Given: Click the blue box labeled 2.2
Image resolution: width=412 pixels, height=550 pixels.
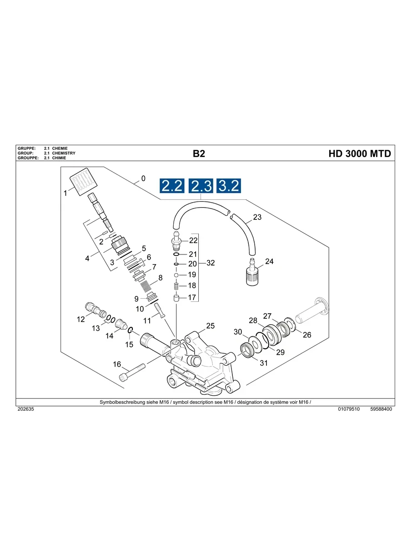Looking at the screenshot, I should [x=172, y=186].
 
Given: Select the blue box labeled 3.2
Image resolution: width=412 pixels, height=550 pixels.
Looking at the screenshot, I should [x=229, y=186].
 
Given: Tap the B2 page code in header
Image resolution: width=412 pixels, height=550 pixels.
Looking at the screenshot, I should [x=199, y=154].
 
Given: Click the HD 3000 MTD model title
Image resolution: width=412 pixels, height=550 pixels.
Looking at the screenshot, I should [x=359, y=154].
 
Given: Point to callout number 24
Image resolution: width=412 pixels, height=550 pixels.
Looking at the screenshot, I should [x=269, y=261].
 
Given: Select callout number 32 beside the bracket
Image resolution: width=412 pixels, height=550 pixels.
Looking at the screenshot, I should [x=211, y=263].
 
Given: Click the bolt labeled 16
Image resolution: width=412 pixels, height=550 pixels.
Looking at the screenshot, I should [x=131, y=372].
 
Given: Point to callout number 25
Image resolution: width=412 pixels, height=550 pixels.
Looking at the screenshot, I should [x=210, y=326].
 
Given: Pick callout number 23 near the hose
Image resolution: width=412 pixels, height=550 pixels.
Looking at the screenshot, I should [x=257, y=217].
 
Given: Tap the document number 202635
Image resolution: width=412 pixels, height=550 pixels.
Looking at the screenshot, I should [x=25, y=409].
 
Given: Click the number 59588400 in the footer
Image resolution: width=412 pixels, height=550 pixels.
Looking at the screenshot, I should [x=381, y=409].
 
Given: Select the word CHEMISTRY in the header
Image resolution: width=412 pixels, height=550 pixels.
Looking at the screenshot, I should [x=64, y=153].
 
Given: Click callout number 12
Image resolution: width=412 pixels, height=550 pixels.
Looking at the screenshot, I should [x=80, y=320].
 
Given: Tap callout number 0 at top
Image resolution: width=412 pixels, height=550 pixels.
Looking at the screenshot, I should [x=143, y=178].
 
